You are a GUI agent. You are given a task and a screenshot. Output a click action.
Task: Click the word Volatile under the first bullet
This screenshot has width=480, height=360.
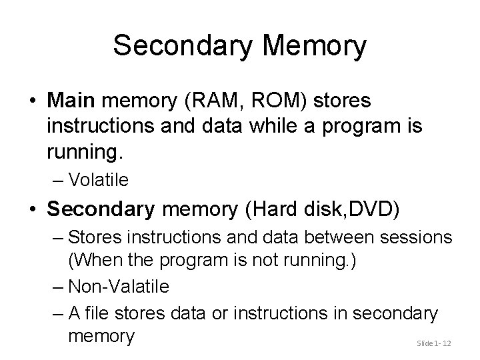[99, 179]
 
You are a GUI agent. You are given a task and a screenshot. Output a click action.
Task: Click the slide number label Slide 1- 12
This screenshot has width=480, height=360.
[434, 343]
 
